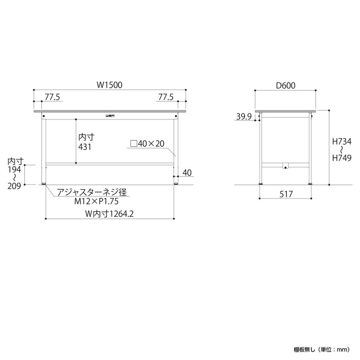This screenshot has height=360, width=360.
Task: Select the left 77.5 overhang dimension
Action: (52, 97)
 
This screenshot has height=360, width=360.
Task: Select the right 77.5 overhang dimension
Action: (166, 97)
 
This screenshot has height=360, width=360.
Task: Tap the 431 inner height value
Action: (85, 147)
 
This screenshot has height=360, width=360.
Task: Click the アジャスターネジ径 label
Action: (92, 193)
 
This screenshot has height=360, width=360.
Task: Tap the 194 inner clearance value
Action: (13, 169)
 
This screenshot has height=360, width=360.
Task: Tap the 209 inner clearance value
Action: (13, 186)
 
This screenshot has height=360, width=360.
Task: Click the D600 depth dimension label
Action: (285, 85)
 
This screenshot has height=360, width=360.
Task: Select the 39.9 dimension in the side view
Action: (244, 117)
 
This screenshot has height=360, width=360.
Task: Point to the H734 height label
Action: (342, 141)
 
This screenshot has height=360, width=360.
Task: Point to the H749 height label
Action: (342, 158)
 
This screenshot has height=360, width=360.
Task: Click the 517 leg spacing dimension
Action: (285, 194)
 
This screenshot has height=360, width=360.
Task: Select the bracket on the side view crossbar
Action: (285, 165)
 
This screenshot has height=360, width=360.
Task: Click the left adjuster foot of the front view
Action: (44, 184)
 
